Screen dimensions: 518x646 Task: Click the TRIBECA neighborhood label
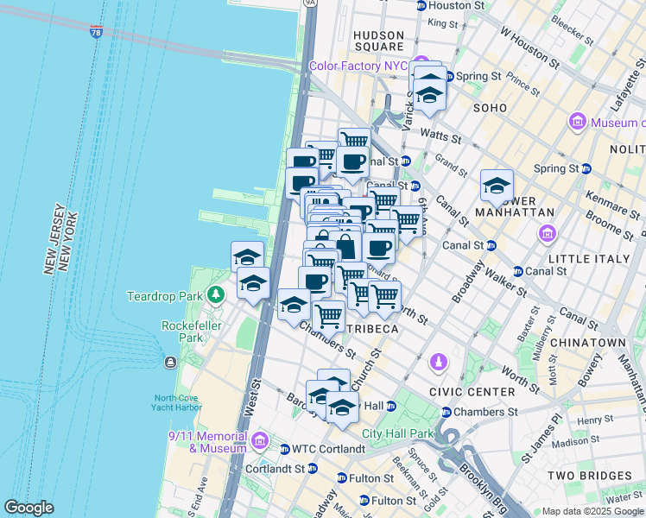tap(372, 329)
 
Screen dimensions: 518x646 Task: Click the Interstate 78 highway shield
tap(95, 32)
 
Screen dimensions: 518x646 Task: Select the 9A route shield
tap(310, 3)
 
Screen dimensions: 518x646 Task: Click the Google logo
tap(28, 508)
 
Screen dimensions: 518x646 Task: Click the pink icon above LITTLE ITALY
tap(547, 233)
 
